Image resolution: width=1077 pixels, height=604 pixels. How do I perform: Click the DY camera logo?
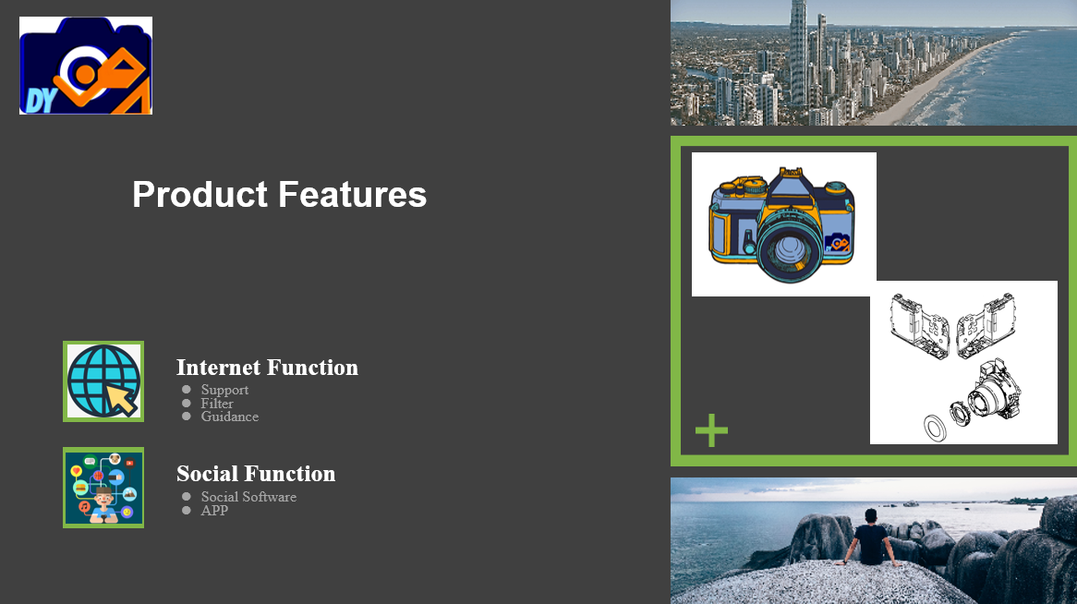[86, 66]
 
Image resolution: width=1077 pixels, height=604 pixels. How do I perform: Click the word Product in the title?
[200, 195]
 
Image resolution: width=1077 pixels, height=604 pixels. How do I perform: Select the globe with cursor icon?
[103, 381]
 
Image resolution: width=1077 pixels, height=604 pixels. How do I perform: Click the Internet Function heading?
[267, 368]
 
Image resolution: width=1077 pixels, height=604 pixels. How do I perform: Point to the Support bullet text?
[224, 390]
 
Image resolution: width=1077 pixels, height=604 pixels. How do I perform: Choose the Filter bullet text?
[217, 404]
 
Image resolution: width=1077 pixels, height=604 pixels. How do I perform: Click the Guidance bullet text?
[229, 417]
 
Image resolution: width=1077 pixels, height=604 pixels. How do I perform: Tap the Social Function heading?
[256, 474]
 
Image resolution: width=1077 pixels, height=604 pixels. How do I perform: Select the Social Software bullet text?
[248, 497]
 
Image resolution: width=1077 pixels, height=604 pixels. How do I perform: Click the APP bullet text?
[214, 511]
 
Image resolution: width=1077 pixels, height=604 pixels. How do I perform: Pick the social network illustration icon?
[103, 488]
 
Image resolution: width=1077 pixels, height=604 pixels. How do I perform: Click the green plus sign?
[711, 431]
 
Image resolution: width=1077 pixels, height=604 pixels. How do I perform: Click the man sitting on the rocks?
[870, 538]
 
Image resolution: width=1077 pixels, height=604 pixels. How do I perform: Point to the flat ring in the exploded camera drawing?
[935, 428]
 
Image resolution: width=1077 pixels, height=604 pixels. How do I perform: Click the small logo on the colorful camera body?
[839, 243]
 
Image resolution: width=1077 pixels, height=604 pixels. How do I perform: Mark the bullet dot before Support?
[187, 390]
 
